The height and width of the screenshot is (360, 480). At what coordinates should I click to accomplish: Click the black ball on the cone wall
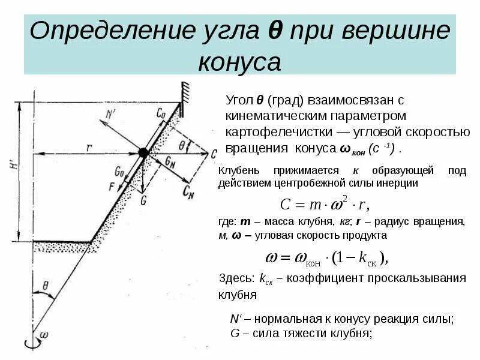click(x=143, y=153)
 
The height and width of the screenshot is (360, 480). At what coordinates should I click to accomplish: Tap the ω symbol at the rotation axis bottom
click(x=43, y=334)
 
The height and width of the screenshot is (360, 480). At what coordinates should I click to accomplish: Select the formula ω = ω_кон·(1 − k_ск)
click(x=327, y=258)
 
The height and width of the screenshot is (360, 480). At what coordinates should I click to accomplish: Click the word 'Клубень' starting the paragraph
click(x=240, y=171)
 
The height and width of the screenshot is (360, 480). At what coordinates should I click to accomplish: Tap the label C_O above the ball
click(x=160, y=112)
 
